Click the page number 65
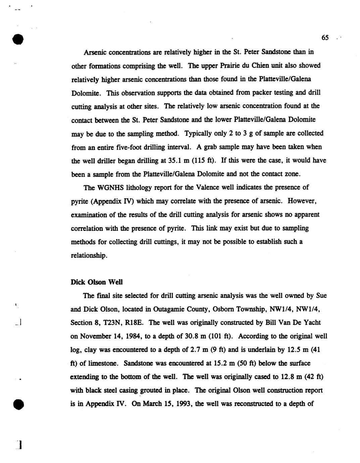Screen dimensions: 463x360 (x=325, y=38)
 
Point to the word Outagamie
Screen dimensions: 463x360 (x=166, y=309)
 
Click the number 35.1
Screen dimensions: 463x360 (x=174, y=161)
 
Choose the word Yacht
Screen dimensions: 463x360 (x=310, y=323)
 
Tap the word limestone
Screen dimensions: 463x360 (x=99, y=363)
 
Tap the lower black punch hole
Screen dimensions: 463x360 (x=18, y=404)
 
